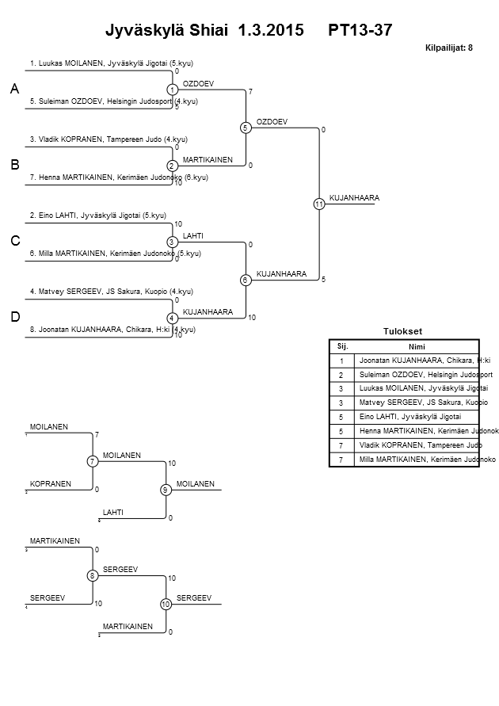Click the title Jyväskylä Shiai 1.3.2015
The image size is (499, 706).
pos(204,31)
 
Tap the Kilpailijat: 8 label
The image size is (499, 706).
pos(449,48)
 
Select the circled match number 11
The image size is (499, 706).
pos(318,204)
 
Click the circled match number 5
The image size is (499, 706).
pos(246,128)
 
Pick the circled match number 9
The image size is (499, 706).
pos(166,490)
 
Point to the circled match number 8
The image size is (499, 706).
pos(93,575)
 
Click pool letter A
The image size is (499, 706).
pos(15,90)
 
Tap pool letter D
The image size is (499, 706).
pos(15,317)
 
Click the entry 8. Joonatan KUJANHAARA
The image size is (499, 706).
pos(112,330)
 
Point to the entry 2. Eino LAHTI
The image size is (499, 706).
pos(97,215)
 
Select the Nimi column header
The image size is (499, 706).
pos(416,346)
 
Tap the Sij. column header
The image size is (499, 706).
pos(342,346)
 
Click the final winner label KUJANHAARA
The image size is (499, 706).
pos(354,197)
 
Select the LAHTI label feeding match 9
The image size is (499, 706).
pos(112,513)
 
